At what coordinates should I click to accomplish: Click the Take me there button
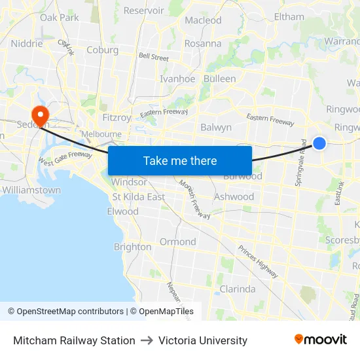[180, 160]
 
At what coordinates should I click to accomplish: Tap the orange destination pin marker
[41, 116]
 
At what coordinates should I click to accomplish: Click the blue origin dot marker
[319, 143]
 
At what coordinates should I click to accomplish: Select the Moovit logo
[321, 340]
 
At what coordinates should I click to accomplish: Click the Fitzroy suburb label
[117, 118]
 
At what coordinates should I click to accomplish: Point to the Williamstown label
[31, 190]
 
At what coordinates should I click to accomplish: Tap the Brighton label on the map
[132, 247]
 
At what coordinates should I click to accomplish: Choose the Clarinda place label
[238, 289]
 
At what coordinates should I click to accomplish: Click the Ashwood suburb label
[234, 196]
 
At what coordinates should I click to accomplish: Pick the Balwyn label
[216, 128]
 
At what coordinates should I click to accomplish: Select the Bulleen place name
[220, 79]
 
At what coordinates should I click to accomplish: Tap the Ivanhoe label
[177, 79]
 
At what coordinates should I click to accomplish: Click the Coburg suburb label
[102, 50]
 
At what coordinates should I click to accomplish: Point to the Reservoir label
[143, 10]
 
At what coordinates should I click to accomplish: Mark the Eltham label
[289, 16]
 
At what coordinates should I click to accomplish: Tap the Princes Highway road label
[258, 259]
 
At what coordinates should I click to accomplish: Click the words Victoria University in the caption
[203, 340]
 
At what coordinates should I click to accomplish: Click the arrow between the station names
[147, 340]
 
